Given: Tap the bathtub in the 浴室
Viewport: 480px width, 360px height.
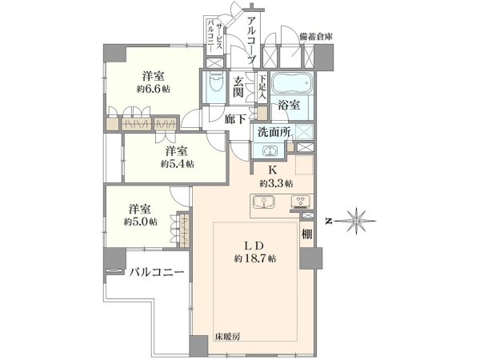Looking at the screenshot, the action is [292, 82].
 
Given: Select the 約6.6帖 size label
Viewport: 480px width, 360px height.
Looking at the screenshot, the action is [154, 89].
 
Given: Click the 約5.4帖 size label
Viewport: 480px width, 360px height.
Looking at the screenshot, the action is [178, 164].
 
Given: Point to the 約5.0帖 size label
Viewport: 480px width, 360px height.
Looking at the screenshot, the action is [141, 222].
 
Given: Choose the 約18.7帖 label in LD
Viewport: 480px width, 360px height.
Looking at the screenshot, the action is [255, 258].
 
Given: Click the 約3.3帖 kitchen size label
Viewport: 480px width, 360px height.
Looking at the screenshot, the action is [277, 183].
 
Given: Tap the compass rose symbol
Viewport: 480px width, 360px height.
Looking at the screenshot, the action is [356, 221].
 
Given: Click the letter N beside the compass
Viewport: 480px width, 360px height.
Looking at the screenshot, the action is [329, 221].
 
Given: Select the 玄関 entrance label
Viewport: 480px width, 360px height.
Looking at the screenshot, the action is [238, 86].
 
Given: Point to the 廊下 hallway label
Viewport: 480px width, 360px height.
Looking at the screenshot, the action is [234, 119].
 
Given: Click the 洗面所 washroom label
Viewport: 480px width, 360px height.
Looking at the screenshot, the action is [274, 132].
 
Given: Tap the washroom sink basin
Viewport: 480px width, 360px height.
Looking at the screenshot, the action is [269, 151].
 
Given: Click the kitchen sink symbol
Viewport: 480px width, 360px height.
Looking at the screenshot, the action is [264, 202].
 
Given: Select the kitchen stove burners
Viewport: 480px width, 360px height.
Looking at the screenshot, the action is [301, 202].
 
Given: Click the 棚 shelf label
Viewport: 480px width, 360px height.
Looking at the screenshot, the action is [307, 234].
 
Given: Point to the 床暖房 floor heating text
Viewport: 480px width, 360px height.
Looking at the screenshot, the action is [227, 336].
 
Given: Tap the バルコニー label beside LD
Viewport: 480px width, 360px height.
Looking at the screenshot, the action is [156, 272].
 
